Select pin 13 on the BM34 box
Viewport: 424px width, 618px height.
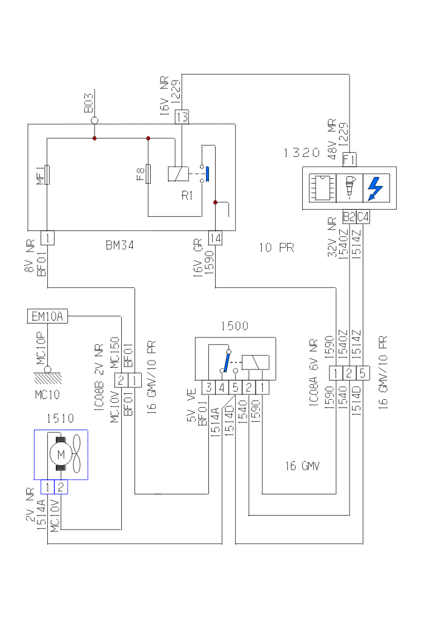click(x=182, y=116)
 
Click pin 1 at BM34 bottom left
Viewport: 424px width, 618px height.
click(x=47, y=238)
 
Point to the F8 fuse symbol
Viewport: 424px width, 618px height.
click(x=148, y=174)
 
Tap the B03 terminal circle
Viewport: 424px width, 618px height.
click(x=94, y=121)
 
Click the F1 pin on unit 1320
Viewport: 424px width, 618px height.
click(x=349, y=160)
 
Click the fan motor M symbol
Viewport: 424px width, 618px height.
click(x=60, y=454)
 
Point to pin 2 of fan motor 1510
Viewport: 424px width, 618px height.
click(x=61, y=487)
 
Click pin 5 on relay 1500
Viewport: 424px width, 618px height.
click(x=235, y=387)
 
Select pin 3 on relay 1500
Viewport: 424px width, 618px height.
click(x=208, y=387)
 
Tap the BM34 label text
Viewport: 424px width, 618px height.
click(x=119, y=247)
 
